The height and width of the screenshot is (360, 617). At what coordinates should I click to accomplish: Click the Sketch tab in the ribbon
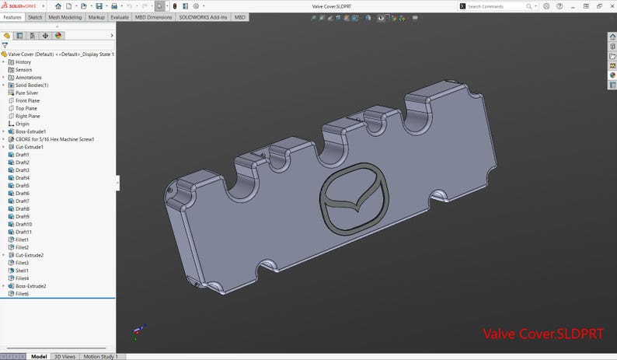36,16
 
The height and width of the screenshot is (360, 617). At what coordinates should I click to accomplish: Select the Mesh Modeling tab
65,16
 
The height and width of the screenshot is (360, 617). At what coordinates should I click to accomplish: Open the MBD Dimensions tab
154,16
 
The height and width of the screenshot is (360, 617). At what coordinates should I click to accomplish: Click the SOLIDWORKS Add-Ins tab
203,16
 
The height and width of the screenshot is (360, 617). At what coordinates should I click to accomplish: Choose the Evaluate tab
120,16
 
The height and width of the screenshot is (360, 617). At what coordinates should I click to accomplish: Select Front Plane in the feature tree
27,100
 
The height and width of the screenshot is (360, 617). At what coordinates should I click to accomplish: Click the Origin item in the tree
23,124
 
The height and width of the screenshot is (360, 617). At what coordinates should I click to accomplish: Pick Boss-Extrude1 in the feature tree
31,131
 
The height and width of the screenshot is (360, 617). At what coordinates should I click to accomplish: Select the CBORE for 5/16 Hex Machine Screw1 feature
54,139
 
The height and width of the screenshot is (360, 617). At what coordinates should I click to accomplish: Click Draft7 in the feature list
23,201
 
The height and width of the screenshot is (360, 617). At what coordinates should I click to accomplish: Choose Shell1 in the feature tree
23,271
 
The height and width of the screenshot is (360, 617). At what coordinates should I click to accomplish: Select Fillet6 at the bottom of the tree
23,294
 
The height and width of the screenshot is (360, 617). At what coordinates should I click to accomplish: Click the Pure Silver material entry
26,93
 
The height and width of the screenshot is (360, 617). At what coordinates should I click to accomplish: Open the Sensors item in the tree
23,69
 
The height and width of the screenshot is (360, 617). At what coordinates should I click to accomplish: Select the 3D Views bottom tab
64,356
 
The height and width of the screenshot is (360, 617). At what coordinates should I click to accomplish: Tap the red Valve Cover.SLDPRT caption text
543,334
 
